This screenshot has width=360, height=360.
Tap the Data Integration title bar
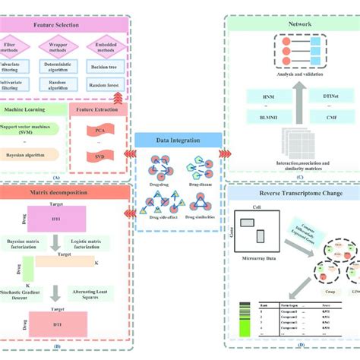click(x=179, y=141)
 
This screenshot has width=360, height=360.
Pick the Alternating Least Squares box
click(x=95, y=292)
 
